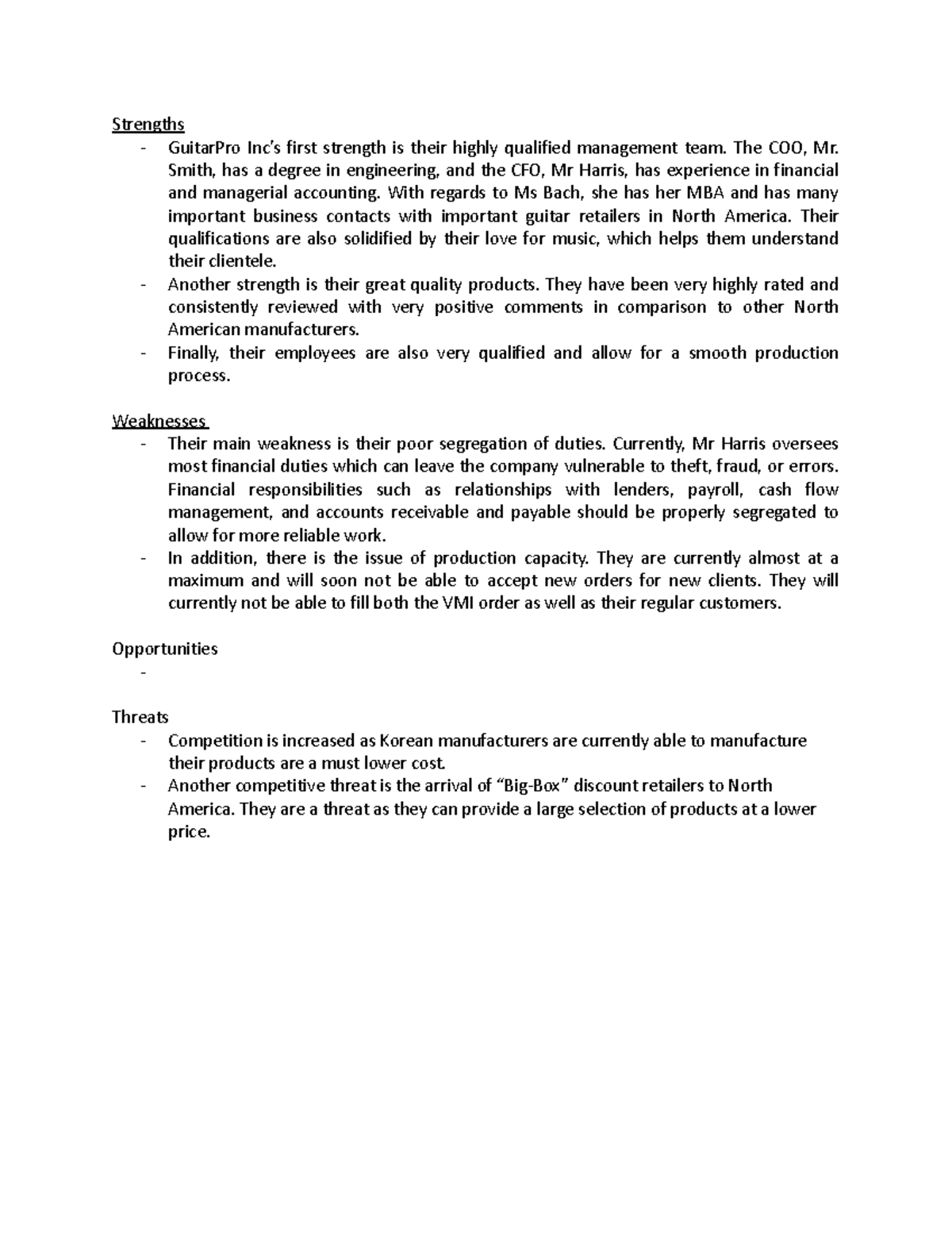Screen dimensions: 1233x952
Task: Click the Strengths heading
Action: (x=148, y=124)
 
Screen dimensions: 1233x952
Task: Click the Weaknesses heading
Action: (x=159, y=421)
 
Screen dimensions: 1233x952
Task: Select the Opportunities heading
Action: (x=164, y=649)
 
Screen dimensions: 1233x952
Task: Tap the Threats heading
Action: (x=140, y=717)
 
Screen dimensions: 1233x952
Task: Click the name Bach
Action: (x=561, y=193)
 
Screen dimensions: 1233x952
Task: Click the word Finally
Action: (x=190, y=353)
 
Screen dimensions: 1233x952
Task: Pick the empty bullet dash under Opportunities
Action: (x=144, y=672)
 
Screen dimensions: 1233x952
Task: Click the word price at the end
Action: (x=189, y=832)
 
